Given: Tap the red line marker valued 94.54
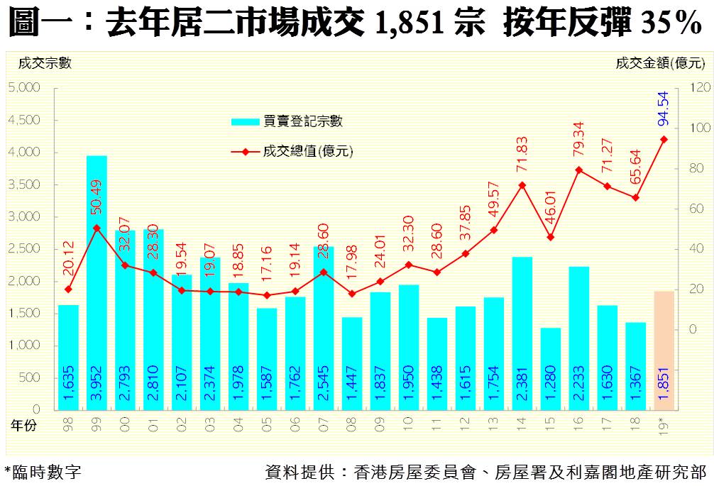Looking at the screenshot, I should [x=664, y=139].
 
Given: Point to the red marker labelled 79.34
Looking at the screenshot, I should [x=578, y=170].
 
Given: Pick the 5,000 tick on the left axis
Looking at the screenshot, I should [x=24, y=87].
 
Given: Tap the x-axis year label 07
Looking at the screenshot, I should [x=324, y=424].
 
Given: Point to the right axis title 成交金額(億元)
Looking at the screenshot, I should [x=660, y=63].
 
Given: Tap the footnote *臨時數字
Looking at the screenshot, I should [x=43, y=471].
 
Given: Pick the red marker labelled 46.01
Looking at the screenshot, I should [x=550, y=237].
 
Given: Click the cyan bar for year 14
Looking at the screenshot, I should [x=522, y=333].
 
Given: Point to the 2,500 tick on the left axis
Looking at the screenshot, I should [x=24, y=248].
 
